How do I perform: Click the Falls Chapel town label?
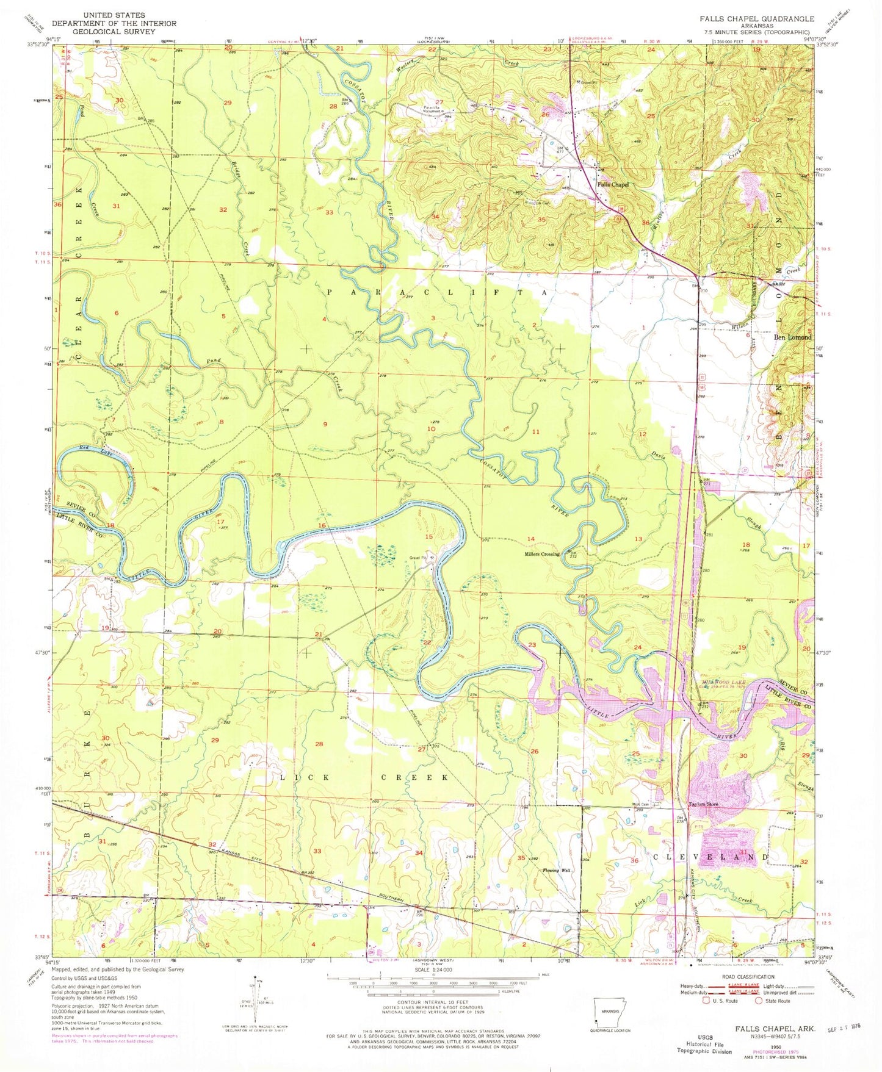(612, 184)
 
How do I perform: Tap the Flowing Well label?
(556, 871)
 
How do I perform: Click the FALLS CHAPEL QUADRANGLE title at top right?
(757, 19)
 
